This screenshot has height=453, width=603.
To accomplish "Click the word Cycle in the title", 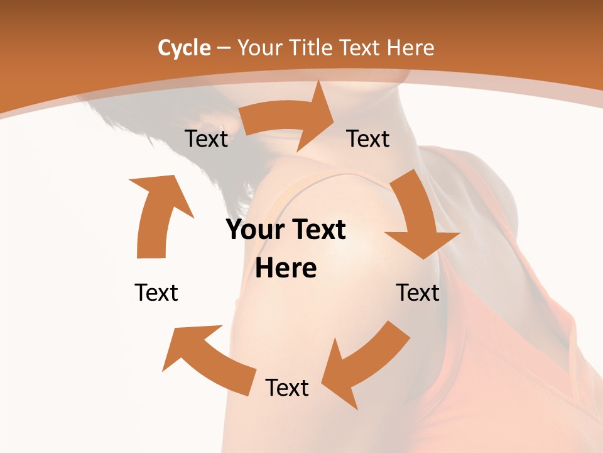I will (x=184, y=48).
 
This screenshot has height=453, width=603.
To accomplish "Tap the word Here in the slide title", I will (x=411, y=48).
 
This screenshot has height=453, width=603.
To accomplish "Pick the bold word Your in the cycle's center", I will (x=255, y=230).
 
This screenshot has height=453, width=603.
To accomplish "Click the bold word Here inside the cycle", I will (x=286, y=269).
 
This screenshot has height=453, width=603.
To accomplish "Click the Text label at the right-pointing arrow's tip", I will (x=368, y=138).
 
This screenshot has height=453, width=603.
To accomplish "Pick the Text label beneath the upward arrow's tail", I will (x=156, y=293).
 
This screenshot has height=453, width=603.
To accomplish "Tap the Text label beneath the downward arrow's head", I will (x=418, y=293).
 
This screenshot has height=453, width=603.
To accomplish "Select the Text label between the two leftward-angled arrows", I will (x=287, y=388).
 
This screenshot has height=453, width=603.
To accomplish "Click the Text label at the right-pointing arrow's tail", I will (x=206, y=138).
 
